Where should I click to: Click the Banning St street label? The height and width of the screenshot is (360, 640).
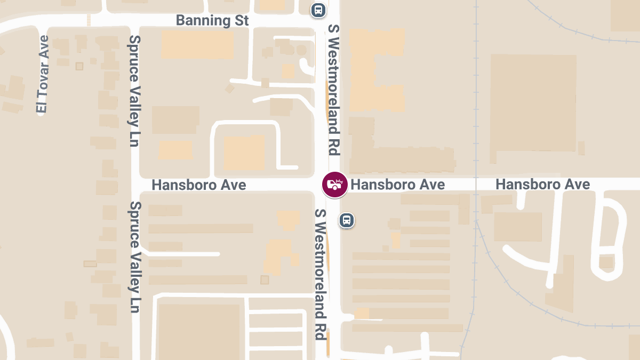pos(212,21)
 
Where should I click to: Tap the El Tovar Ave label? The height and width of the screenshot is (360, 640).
pos(43,74)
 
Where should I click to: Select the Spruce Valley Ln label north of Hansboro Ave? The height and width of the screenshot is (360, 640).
pos(134,91)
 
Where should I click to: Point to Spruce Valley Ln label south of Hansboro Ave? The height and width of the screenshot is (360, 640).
pos(134,257)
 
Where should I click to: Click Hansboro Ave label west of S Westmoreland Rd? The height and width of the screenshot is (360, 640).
pos(199,185)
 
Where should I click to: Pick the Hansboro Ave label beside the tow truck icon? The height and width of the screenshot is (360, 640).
pos(398,185)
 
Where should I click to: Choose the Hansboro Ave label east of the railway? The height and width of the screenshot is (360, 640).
pos(542,185)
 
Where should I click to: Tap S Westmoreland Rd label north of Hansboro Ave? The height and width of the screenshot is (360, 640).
pos(334,90)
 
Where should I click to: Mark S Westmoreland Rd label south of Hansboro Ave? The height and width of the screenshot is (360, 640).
pos(320,274)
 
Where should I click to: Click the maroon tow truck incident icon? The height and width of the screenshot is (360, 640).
pos(334,185)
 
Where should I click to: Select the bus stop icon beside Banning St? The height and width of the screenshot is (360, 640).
pos(318,9)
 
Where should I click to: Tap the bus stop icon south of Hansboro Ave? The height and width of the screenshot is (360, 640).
pos(347,220)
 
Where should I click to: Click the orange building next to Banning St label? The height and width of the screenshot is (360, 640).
pos(197,45)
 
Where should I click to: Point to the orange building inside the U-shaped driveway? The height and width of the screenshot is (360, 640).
pos(244,153)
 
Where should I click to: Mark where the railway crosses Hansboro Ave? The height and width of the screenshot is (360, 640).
pos(474,185)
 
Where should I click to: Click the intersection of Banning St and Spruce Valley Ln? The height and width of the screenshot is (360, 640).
pos(134,20)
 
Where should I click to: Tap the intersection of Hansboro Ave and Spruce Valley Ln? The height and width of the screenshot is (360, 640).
pos(134,185)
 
